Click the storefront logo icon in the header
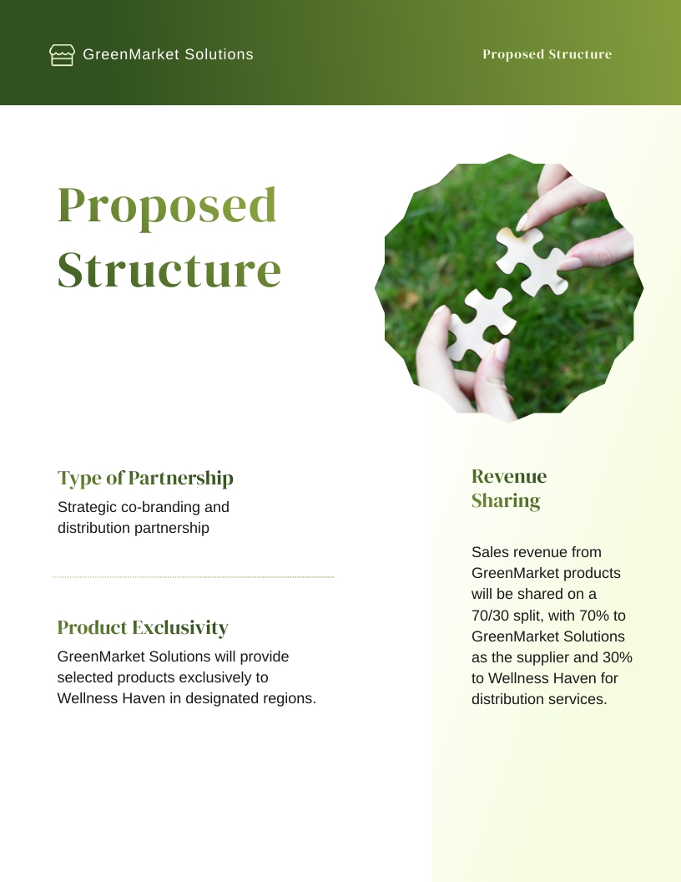(62, 55)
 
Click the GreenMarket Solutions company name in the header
(168, 55)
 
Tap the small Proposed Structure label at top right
(547, 54)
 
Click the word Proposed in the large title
(167, 205)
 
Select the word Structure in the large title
(169, 270)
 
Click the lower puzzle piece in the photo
(477, 324)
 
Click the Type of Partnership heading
(145, 479)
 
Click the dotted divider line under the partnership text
(193, 576)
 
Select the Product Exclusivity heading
(143, 627)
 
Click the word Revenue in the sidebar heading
(509, 477)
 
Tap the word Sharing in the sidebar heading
(506, 501)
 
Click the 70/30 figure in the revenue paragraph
(491, 616)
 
